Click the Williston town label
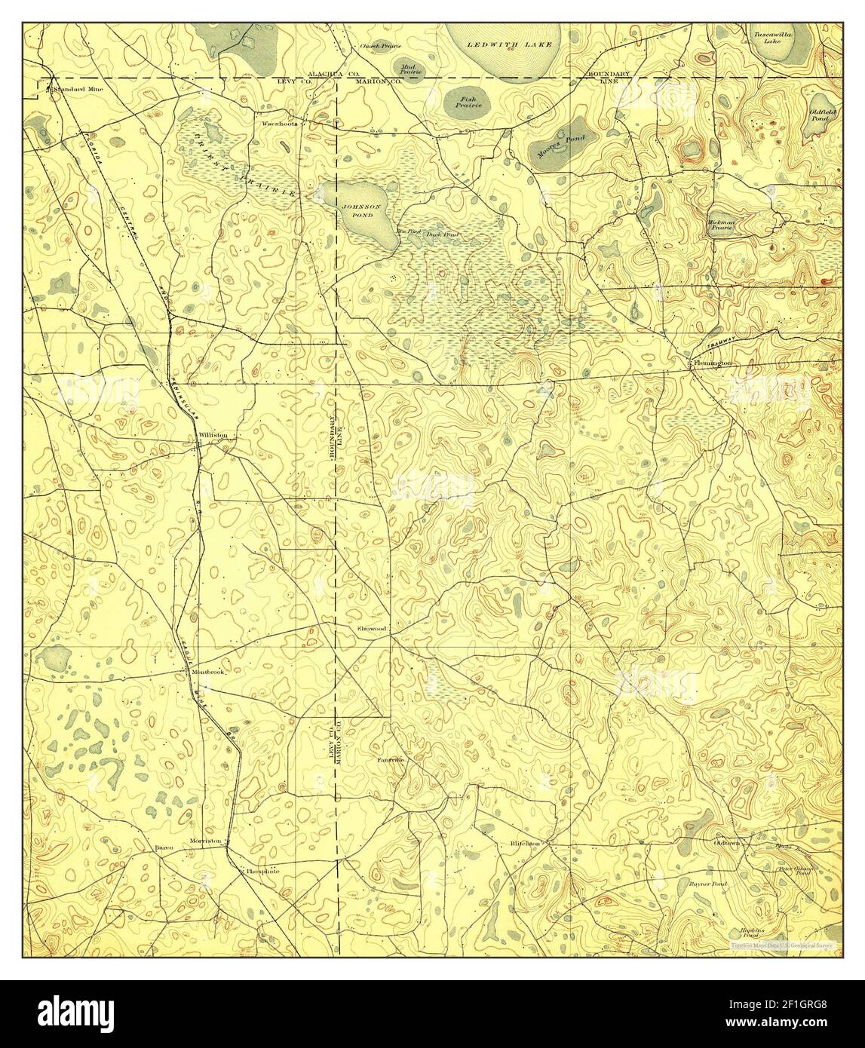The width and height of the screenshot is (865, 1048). tap(212, 436)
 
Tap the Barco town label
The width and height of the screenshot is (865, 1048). tap(164, 847)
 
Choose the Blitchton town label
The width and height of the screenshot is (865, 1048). tap(525, 843)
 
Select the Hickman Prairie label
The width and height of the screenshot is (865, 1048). tap(721, 224)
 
